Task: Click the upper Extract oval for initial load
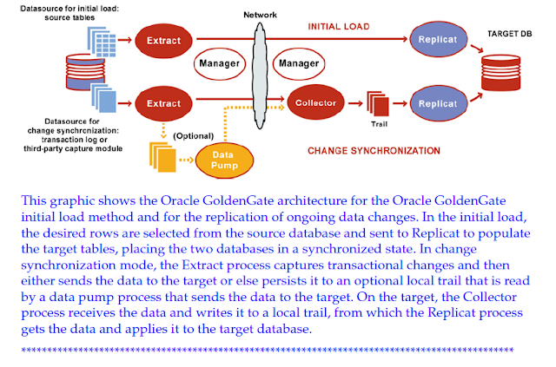164,40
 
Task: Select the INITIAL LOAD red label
339,27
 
